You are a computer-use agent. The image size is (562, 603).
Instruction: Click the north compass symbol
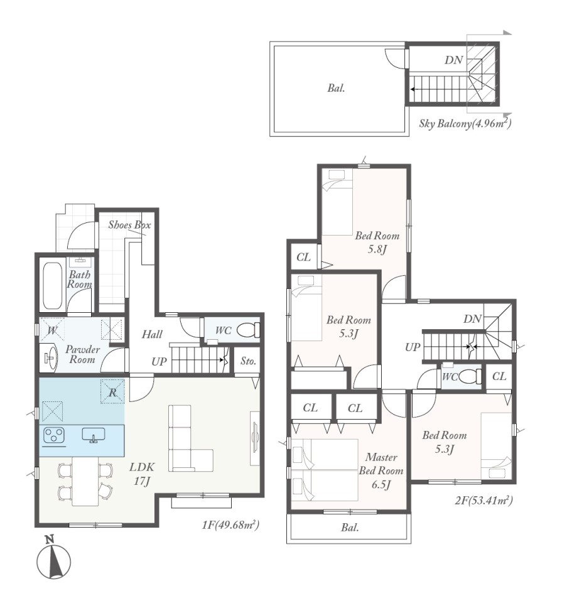pyautogui.click(x=53, y=558)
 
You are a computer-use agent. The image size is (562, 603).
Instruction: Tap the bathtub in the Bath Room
pyautogui.click(x=53, y=286)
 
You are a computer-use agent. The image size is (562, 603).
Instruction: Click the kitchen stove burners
pyautogui.click(x=54, y=436)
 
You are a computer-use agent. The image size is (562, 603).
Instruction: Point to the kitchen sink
pyautogui.click(x=94, y=435)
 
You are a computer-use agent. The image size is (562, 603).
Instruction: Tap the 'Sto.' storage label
pyautogui.click(x=248, y=361)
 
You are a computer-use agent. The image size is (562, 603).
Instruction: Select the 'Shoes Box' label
pyautogui.click(x=129, y=225)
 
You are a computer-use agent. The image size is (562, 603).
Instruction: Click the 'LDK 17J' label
pyautogui.click(x=142, y=474)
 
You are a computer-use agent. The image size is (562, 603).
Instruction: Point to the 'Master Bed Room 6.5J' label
pyautogui.click(x=381, y=470)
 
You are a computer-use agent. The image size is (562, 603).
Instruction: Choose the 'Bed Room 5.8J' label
pyautogui.click(x=377, y=242)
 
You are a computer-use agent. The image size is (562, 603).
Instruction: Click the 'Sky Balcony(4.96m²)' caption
pyautogui.click(x=465, y=123)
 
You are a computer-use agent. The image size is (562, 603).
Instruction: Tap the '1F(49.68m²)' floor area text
pyautogui.click(x=230, y=524)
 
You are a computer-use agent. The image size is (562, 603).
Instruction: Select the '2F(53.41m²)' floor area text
pyautogui.click(x=484, y=501)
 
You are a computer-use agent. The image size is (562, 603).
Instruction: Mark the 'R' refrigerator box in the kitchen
pyautogui.click(x=112, y=391)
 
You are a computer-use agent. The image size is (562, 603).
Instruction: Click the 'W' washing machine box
pyautogui.click(x=52, y=330)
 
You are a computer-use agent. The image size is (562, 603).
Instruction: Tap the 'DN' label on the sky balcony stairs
pyautogui.click(x=453, y=60)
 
